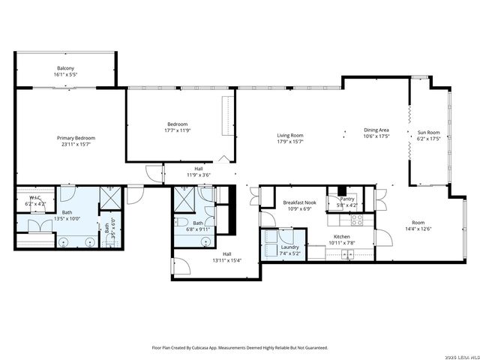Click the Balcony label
click(65, 68)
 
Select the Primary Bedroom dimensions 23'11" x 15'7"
click(76, 144)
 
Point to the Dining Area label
click(376, 130)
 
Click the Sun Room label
click(428, 133)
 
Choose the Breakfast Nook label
click(299, 202)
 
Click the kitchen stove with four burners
click(358, 220)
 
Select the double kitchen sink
click(348, 254)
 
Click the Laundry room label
click(290, 247)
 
